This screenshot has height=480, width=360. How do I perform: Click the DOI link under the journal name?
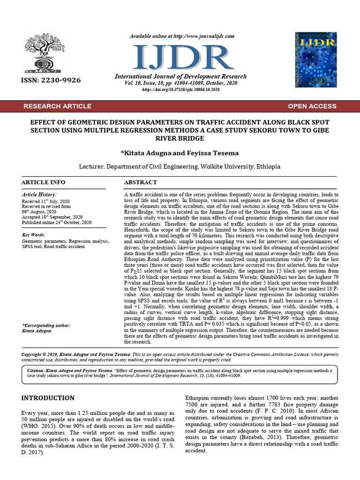[180, 89]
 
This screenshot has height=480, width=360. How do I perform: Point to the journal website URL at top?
[180, 37]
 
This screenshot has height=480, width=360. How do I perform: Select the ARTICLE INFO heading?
[44, 182]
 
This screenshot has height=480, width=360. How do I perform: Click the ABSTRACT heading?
[140, 182]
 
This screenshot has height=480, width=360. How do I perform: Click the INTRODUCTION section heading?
[48, 398]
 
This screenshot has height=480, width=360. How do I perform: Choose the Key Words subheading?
[34, 234]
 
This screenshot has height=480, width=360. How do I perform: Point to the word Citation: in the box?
[37, 370]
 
